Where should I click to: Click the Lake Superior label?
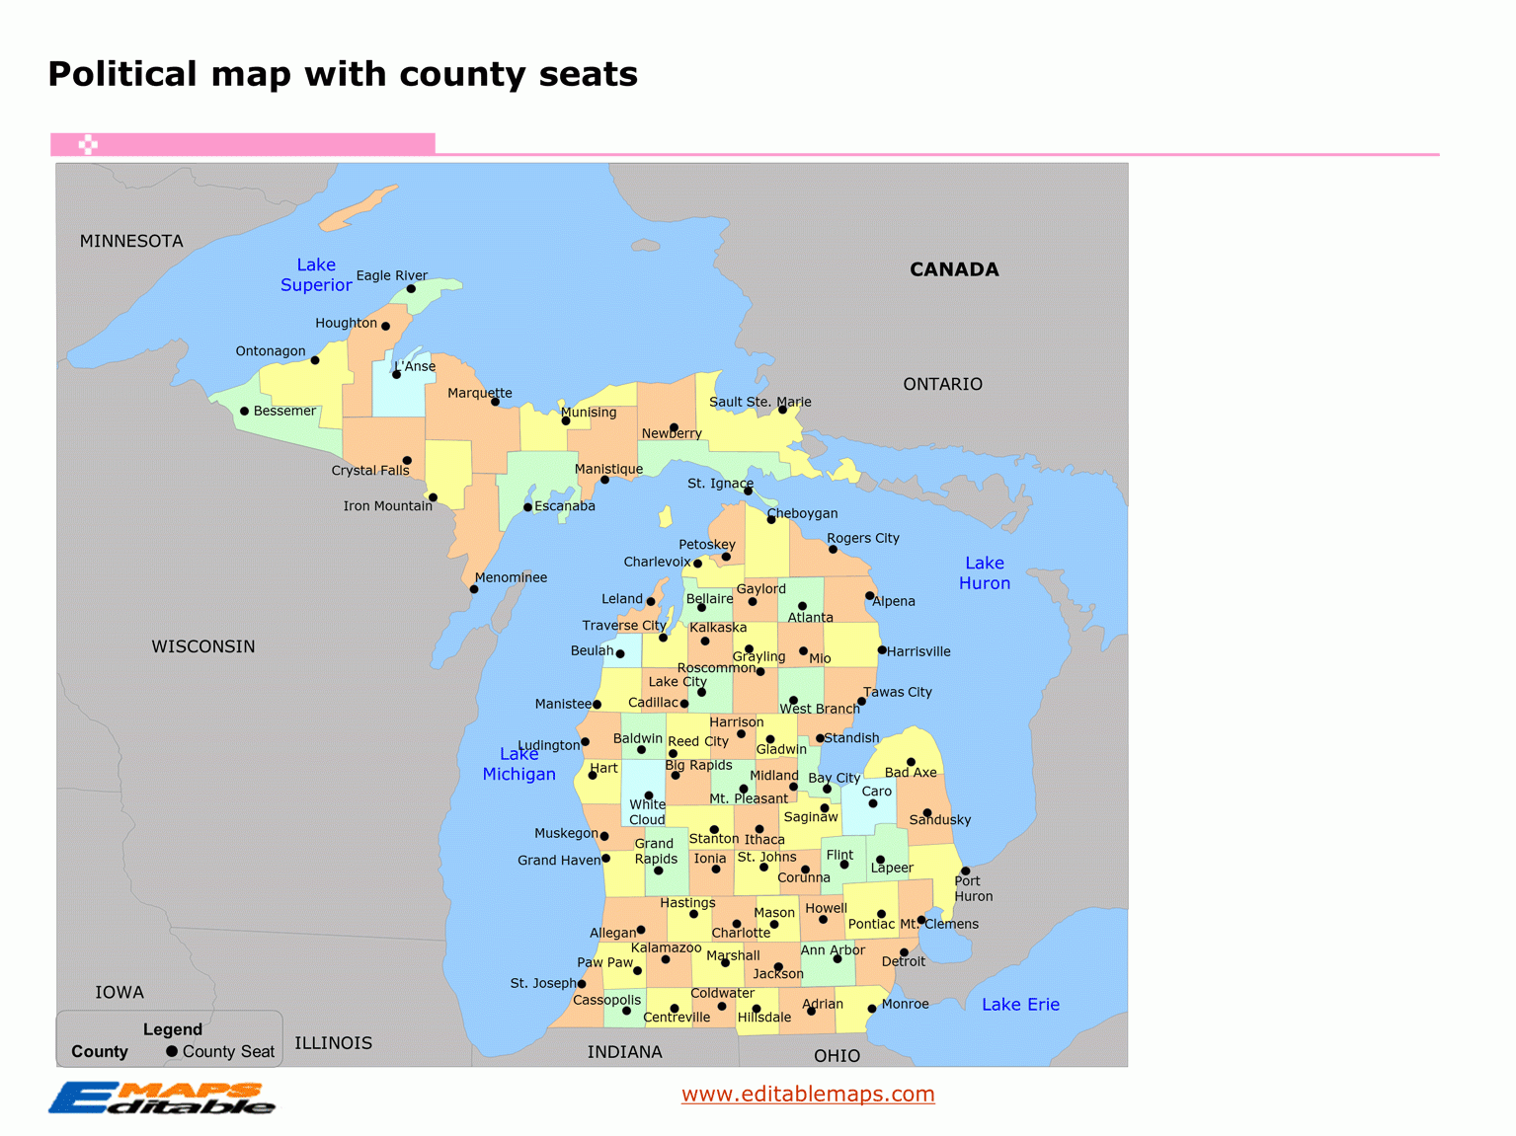[x=316, y=275]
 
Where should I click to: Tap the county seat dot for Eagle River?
[x=411, y=289]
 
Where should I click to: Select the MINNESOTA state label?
[x=131, y=241]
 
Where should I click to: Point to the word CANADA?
[x=954, y=269]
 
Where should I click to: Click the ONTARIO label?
[x=942, y=384]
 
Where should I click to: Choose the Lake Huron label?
[x=985, y=573]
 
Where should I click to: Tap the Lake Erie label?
[x=1020, y=1005]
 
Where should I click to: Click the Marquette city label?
[x=480, y=393]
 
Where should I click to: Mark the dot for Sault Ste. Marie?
[x=782, y=410]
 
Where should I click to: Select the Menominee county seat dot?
[x=474, y=589]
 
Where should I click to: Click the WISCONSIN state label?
[x=203, y=646]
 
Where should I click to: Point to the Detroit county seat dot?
[x=904, y=952]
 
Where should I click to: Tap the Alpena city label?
[x=894, y=601]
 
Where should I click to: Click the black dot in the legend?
[x=172, y=1051]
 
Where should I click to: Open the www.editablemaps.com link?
[x=808, y=1094]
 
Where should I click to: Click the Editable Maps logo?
[x=162, y=1098]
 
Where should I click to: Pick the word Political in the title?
[x=122, y=74]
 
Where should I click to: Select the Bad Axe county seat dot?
[x=911, y=762]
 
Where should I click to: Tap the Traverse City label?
[x=624, y=626]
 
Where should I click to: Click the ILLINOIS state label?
[x=333, y=1043]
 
